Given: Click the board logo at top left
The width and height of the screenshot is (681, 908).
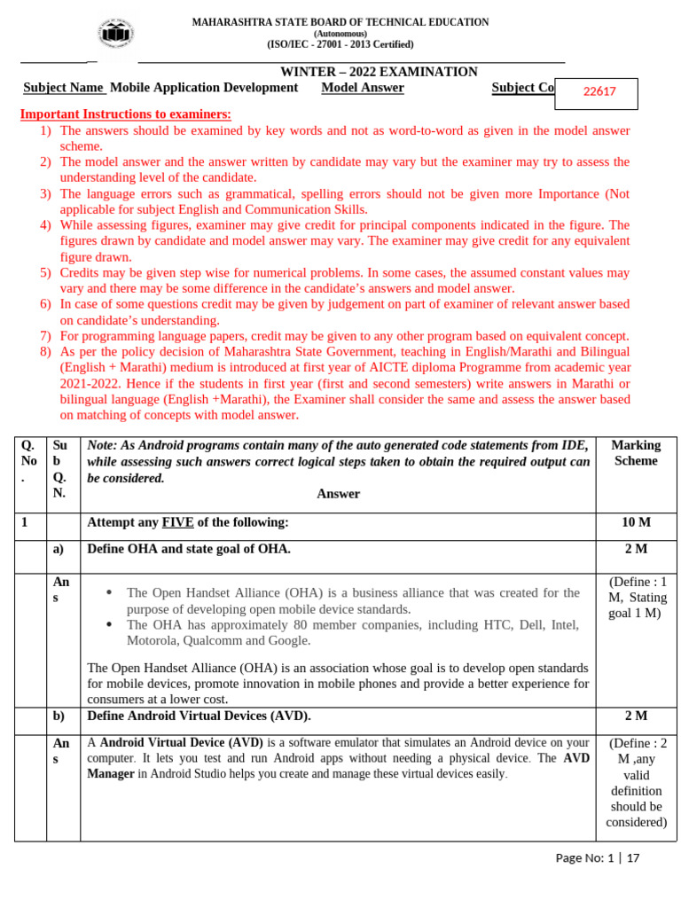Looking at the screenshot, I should pos(114,33).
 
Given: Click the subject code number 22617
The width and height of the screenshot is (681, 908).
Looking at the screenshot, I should pos(599,91).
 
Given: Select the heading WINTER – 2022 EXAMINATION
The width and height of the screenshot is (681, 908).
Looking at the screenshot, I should pos(379,72).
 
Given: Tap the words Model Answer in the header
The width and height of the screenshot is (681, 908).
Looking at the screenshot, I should pos(363,88).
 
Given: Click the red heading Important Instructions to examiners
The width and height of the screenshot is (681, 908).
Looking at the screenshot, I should pos(125,114).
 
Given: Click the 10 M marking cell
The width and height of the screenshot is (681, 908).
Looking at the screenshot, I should pos(636,522).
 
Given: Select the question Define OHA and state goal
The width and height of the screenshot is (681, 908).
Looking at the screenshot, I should pos(189,549).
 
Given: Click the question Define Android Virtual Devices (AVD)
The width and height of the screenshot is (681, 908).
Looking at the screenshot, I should pos(199,716).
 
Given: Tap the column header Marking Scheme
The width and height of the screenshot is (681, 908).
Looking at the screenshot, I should pos(636,453).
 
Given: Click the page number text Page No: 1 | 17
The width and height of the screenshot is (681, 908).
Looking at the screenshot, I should pos(596,857).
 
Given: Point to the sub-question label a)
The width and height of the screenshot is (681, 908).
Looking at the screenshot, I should pos(59,549).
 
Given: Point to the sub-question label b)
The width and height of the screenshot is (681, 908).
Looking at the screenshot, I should pos(59,716).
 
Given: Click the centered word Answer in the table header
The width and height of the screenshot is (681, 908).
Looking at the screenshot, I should pos(338,494).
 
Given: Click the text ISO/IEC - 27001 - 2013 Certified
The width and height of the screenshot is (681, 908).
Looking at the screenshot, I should pos(340,44).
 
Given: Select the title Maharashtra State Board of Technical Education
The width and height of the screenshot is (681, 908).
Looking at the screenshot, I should pos(340,22).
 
